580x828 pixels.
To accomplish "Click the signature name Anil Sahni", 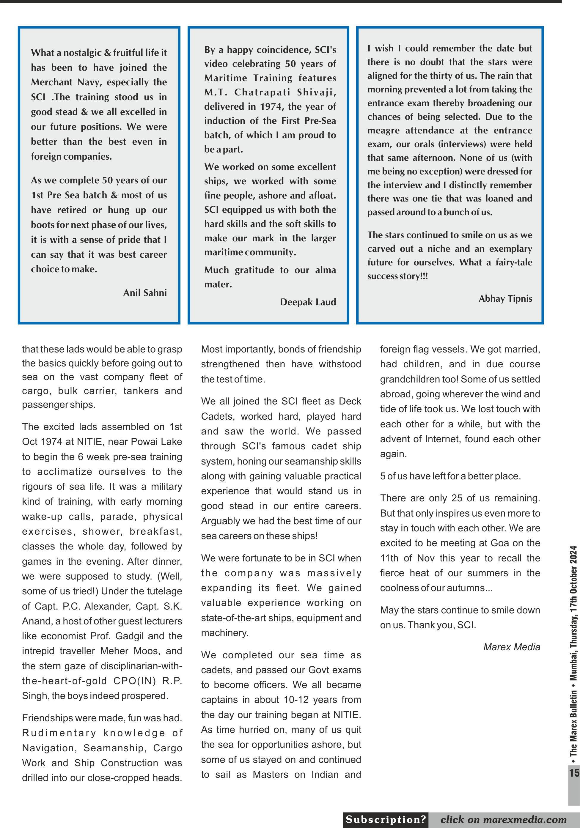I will (x=145, y=292).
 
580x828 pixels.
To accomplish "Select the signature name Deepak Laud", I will (x=308, y=302).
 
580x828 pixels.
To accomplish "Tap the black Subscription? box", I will (x=386, y=819).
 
